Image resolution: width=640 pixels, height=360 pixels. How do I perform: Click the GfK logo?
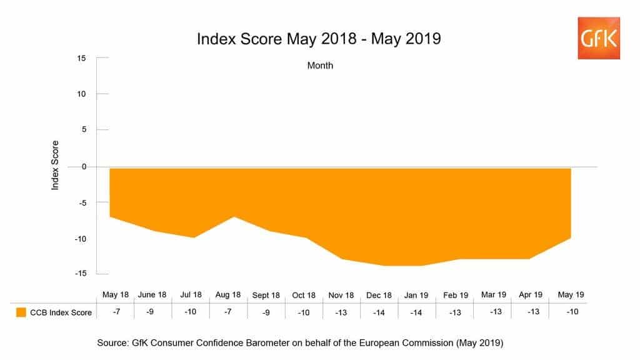click(599, 39)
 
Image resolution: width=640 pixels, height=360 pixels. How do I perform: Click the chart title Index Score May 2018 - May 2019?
click(319, 39)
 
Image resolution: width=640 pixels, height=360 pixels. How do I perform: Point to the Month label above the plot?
click(320, 65)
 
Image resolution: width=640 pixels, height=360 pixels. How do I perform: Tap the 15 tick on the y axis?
click(81, 58)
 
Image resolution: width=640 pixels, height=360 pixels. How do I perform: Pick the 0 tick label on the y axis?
click(83, 166)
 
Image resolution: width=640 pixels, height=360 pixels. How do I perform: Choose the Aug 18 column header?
click(227, 294)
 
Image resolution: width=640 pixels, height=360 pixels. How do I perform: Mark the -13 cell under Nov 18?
click(341, 312)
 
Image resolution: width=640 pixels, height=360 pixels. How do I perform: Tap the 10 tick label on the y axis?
click(81, 94)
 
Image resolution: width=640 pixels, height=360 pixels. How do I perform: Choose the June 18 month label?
click(152, 294)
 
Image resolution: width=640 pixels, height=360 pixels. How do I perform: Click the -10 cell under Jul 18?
click(190, 312)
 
